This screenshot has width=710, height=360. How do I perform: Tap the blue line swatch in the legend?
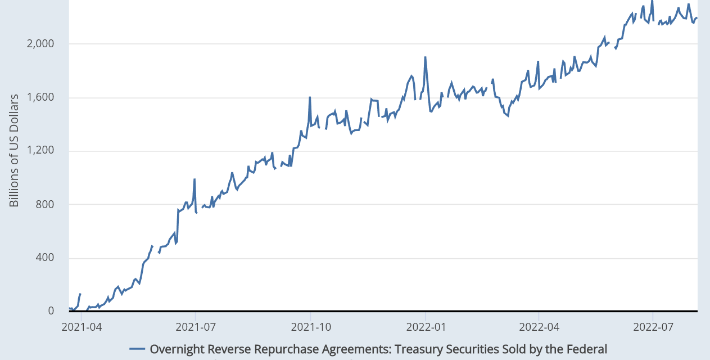[137, 349]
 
